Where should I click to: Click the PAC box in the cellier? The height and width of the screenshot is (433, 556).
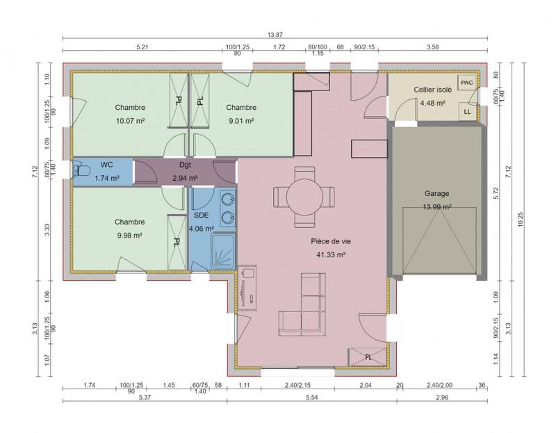466,83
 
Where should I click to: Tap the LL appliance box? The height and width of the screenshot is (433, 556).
466,111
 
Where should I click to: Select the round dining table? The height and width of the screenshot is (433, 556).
304,195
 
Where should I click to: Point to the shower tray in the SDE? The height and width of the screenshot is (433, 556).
223,252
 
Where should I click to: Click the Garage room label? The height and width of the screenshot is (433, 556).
436,194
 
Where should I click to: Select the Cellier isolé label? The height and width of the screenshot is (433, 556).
432,90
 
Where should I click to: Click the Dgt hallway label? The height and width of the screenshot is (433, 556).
185,165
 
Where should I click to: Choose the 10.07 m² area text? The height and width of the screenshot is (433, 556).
130,120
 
